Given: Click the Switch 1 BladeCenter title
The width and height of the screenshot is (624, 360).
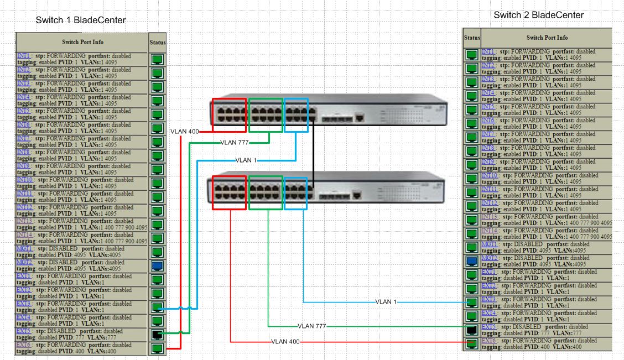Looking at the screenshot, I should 81,20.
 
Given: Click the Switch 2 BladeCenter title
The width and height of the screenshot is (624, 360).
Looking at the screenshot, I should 538,15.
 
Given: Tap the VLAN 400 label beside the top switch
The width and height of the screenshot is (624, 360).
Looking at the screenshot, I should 185,132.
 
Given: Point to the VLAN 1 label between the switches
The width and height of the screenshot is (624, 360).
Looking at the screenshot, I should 246,160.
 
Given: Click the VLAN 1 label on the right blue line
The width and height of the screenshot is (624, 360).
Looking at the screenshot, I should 386,302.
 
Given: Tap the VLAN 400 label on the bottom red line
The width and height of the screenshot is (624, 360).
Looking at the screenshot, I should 286,342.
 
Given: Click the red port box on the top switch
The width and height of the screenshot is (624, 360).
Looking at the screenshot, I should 229,115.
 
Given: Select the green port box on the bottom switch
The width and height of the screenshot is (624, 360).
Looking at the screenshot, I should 266,193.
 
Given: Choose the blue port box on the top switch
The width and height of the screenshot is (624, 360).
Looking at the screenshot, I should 296,115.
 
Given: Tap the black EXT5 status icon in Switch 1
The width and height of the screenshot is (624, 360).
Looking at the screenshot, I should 157,335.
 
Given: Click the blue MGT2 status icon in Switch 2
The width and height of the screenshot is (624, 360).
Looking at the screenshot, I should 472,261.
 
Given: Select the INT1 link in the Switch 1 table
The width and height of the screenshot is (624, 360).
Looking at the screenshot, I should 23,56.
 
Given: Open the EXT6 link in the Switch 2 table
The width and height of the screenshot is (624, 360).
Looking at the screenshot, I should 488,341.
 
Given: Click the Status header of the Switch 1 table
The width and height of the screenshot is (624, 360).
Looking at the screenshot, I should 157,42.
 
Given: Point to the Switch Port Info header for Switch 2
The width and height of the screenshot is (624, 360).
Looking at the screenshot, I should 547,38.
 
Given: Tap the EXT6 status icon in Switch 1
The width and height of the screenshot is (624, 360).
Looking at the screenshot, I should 157,348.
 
